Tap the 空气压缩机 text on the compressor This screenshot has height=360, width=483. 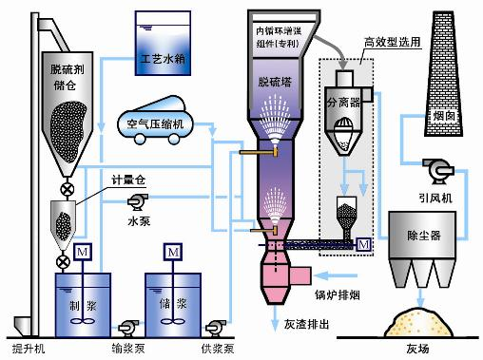(158, 124)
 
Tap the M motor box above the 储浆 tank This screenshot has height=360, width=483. (174, 253)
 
